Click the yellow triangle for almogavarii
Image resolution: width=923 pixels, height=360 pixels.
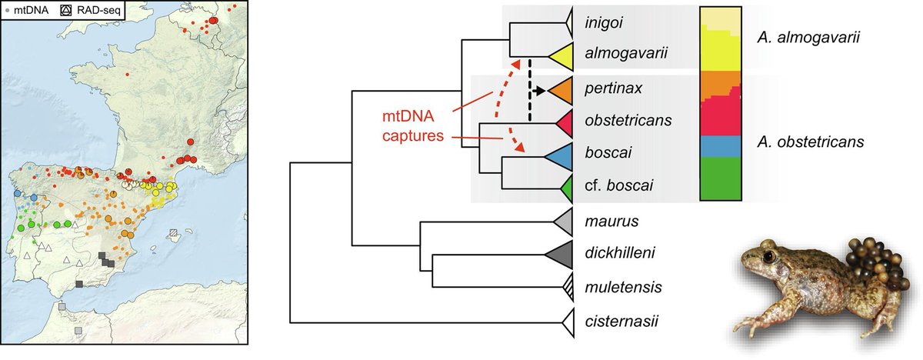560,55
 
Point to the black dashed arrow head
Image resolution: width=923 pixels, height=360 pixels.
541,91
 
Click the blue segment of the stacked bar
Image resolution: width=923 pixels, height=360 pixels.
721,143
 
